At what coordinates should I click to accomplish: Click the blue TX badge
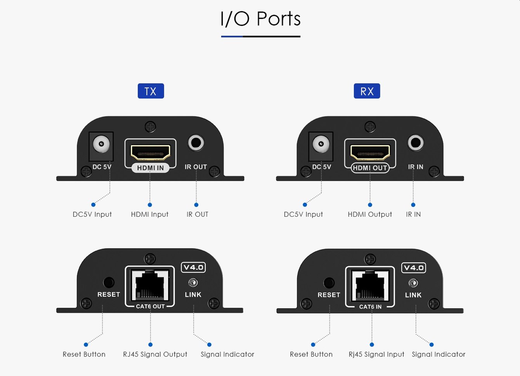(x=151, y=91)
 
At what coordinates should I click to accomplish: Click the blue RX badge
(x=367, y=91)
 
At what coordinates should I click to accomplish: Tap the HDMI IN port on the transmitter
(x=150, y=152)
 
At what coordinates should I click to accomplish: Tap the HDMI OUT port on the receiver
(x=370, y=152)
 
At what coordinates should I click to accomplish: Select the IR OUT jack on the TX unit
(x=196, y=143)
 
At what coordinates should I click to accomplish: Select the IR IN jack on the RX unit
(x=416, y=143)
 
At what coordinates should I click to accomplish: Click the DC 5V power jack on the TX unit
(x=101, y=145)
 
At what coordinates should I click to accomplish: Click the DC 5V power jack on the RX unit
(x=321, y=145)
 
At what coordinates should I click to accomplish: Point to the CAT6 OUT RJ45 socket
(x=150, y=285)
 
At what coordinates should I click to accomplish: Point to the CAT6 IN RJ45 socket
(x=370, y=285)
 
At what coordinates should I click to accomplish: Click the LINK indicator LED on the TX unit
(x=193, y=283)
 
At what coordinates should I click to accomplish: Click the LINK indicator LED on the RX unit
(x=413, y=283)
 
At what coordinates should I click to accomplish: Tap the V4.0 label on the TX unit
(x=193, y=267)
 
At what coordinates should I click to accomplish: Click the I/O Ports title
(x=260, y=19)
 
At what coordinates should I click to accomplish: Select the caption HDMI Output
(x=370, y=214)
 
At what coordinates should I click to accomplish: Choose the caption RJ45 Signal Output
(x=155, y=354)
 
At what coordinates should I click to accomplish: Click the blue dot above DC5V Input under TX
(x=93, y=205)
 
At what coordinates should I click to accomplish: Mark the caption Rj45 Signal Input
(x=376, y=354)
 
